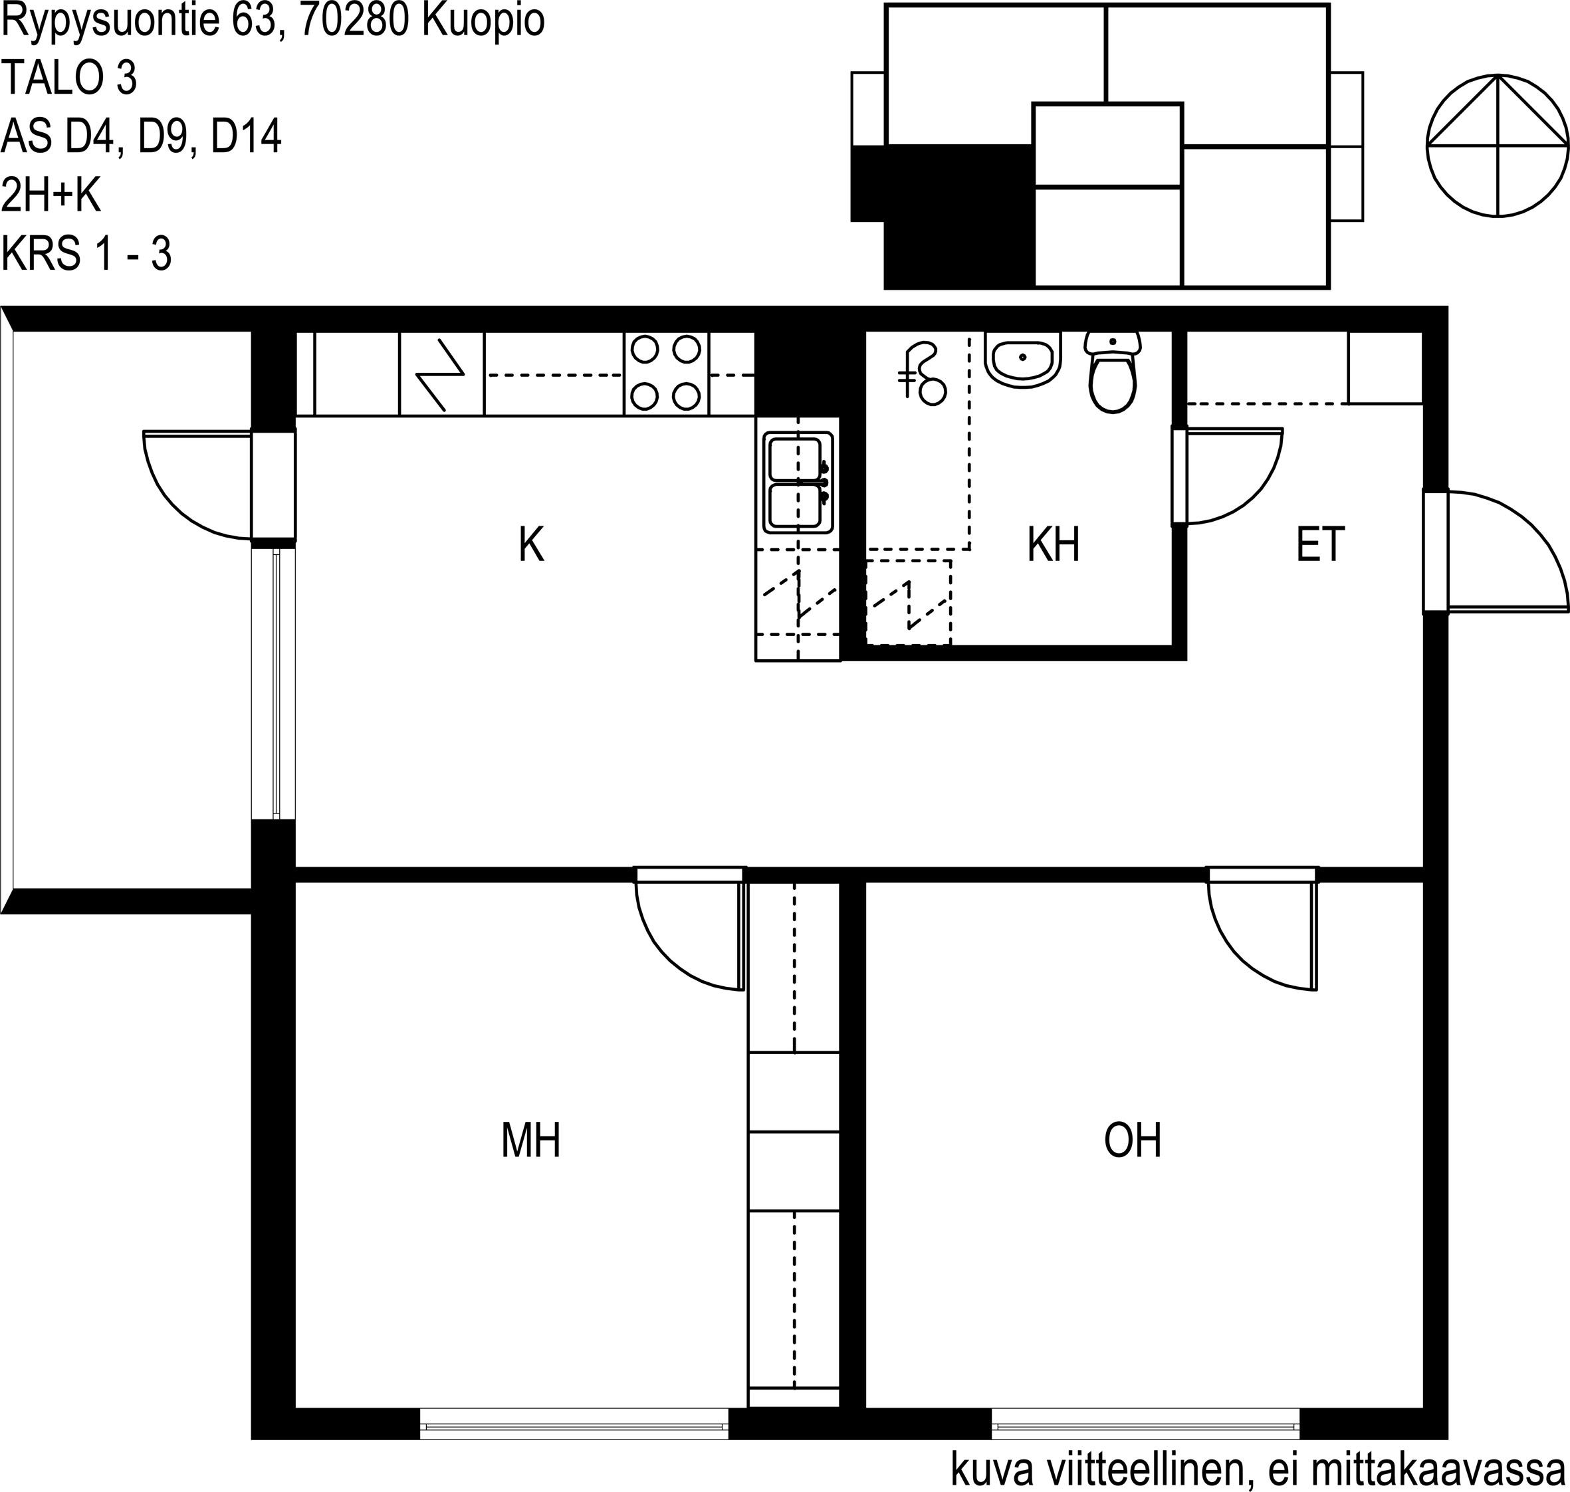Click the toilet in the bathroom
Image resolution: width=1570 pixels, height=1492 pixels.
pos(1113,372)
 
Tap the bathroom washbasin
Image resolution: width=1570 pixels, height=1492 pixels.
pos(1022,359)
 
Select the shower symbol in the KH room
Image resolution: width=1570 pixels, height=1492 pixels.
pos(923,373)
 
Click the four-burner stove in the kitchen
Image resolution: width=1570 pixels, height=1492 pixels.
pos(666,372)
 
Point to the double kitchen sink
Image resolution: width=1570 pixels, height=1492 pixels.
pos(798,482)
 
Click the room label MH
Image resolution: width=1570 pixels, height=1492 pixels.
pos(530,1140)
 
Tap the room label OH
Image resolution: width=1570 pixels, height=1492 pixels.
pos(1133,1140)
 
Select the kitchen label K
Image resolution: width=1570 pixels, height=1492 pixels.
pos(531,546)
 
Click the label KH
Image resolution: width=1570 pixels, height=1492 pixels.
pos(1053,545)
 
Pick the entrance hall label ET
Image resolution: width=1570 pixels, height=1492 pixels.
pos(1320,545)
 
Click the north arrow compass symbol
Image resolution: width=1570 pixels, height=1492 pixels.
pos(1498,145)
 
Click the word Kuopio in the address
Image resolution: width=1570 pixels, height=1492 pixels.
pos(484,21)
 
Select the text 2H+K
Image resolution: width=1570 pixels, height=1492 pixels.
pos(52,195)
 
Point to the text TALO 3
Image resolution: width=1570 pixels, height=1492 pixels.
pos(70,78)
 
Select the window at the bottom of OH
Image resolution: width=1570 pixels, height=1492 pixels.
pos(1145,1423)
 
